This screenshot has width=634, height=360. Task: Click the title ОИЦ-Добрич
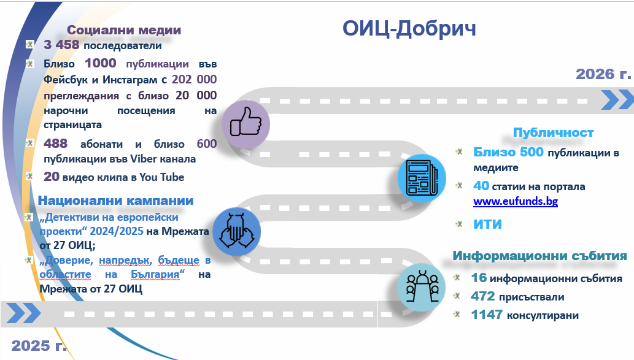coord(409,28)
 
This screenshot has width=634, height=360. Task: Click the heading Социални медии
coord(124,30)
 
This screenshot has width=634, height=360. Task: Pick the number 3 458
coord(62,45)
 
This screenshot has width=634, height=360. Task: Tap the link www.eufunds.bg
coord(516,201)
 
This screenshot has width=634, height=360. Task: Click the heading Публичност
coord(553,132)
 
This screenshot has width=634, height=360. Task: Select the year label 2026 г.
coord(603,74)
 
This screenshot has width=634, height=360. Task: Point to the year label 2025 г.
coord(39,345)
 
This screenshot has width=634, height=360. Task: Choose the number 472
coord(484,297)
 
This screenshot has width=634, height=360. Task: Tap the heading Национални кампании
coord(116,201)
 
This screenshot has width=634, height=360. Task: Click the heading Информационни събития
coord(539,256)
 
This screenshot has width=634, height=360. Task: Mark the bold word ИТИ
coord(487,224)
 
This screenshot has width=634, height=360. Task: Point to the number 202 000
coord(195,80)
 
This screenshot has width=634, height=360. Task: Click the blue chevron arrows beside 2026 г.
coord(616,99)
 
